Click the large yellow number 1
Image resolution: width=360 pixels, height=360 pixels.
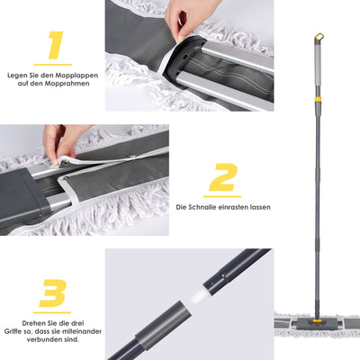[54, 45]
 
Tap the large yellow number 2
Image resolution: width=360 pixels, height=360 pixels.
[221, 177]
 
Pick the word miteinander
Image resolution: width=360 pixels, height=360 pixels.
[77, 331]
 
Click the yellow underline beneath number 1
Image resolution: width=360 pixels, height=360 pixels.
[53, 65]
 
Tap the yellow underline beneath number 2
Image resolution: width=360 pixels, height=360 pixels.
[221, 195]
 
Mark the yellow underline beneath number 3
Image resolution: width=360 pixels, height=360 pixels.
[53, 311]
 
